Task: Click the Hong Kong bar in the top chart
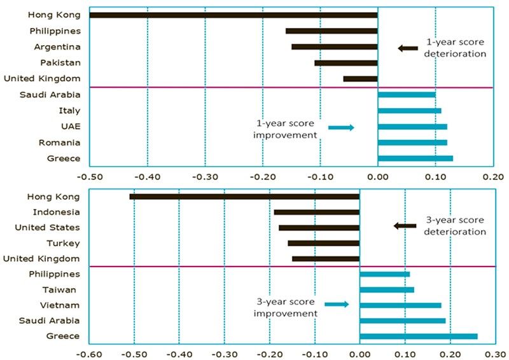[x=233, y=15]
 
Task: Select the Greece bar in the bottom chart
[x=418, y=336]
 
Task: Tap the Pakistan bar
[x=345, y=63]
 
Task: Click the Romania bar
[x=412, y=142]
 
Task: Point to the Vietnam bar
[x=400, y=305]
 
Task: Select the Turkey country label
[x=63, y=243]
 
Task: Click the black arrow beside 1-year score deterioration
[x=408, y=48]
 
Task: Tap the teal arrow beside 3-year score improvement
[x=337, y=305]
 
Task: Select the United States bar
[x=319, y=228]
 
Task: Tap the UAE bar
[x=412, y=127]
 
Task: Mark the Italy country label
[x=69, y=110]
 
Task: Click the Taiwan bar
[x=387, y=290]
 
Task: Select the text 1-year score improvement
[x=286, y=129]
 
